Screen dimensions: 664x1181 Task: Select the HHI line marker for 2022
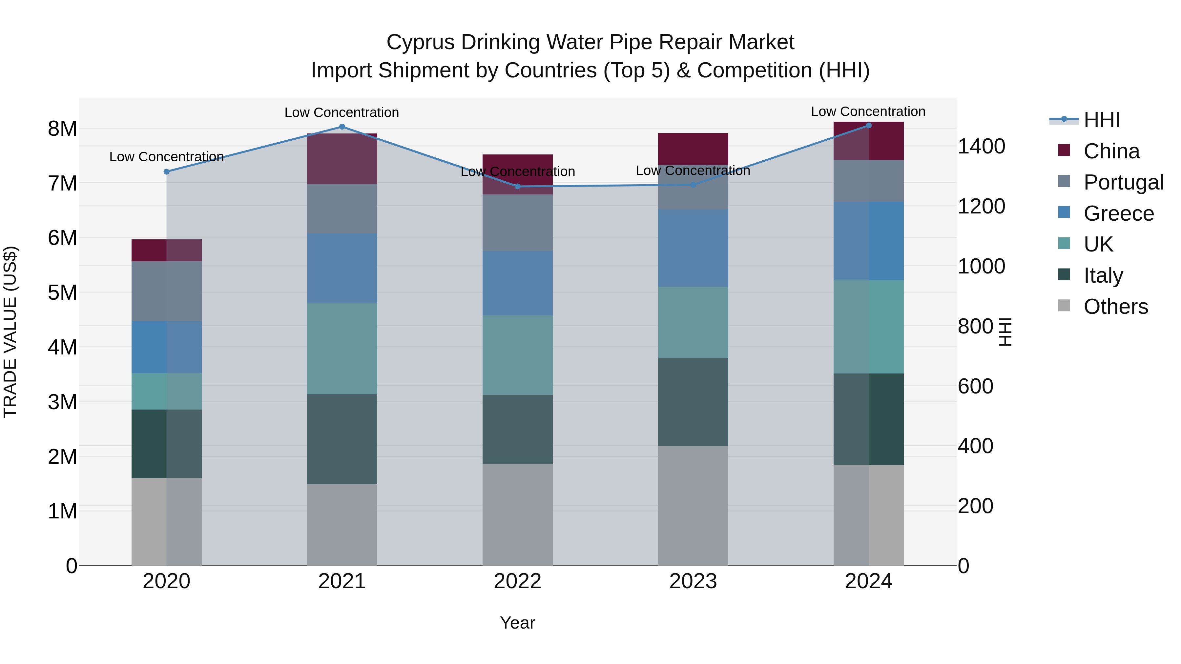[x=518, y=187]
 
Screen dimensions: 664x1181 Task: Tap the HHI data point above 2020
[x=166, y=172]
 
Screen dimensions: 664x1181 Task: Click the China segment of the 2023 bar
[x=693, y=149]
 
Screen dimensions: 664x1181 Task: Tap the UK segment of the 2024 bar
[x=868, y=327]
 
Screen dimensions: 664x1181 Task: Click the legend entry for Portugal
[x=1123, y=182]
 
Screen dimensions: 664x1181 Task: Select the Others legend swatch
[x=1064, y=306]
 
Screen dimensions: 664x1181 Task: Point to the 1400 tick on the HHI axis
[x=981, y=147]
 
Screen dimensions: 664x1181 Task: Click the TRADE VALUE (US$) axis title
[x=10, y=332]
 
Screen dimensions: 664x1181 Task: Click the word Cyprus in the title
[x=421, y=42]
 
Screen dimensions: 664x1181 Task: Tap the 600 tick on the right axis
[x=975, y=386]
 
